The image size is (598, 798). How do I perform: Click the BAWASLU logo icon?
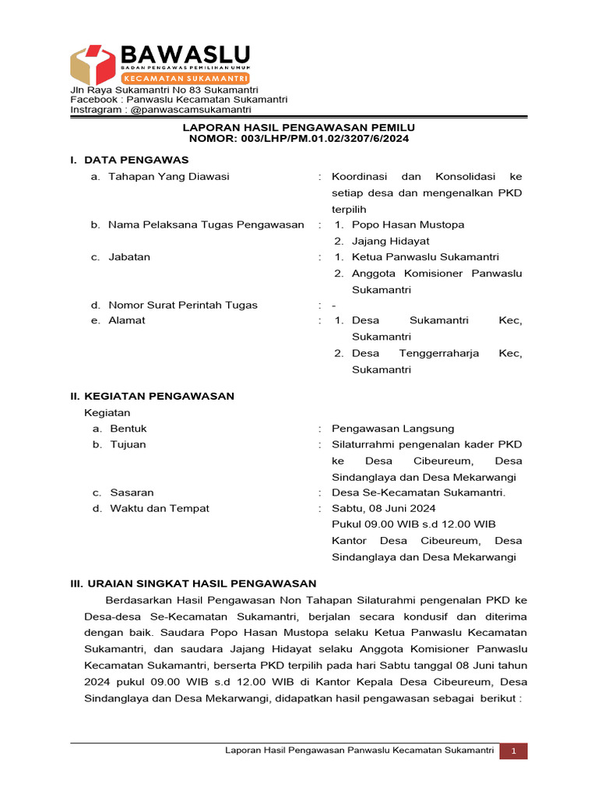(93, 65)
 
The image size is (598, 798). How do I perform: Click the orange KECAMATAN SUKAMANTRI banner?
(185, 79)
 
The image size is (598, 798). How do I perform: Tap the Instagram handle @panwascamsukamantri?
(190, 110)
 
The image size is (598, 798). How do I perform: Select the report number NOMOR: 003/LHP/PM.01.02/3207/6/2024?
(299, 138)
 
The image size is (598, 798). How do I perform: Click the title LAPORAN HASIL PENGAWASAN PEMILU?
(299, 127)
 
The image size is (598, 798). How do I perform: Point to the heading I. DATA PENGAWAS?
(129, 160)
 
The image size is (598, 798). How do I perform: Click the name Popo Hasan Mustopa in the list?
(408, 224)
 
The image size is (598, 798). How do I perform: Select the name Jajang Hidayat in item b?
(390, 241)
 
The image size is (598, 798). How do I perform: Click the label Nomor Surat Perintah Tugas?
(183, 305)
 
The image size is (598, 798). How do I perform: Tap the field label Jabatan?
(129, 256)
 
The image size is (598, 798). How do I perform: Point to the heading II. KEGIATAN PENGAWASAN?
(152, 396)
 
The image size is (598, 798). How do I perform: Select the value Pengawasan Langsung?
(392, 428)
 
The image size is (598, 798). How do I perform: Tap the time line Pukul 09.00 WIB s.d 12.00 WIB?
(413, 524)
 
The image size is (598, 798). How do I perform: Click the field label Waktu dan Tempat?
(159, 508)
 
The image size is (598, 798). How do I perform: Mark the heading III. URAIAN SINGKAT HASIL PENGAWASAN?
(193, 583)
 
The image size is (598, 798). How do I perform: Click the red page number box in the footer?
(514, 750)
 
